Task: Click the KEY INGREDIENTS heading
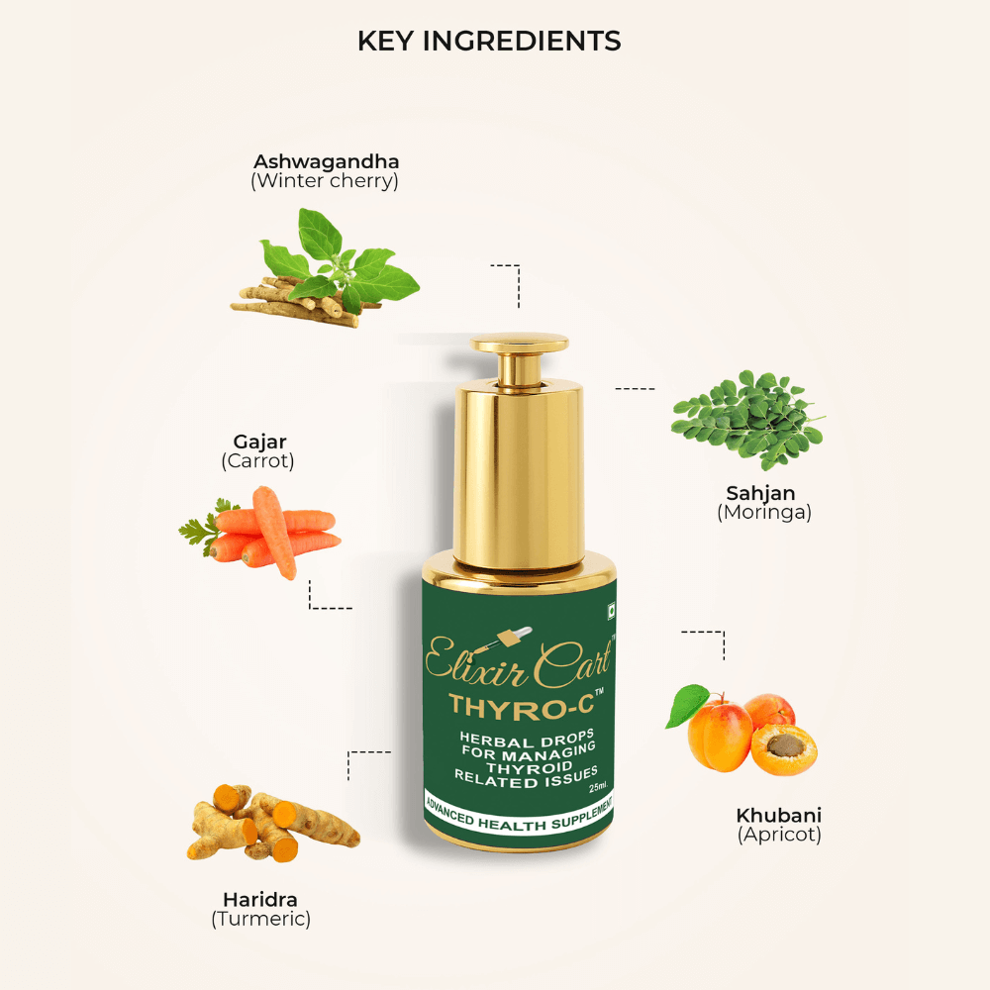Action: [x=489, y=41]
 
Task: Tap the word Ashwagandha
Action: [x=326, y=162]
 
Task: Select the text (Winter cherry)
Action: [x=325, y=181]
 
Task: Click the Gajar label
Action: [x=259, y=442]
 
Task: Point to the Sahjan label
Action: [x=760, y=493]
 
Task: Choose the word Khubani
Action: [x=778, y=815]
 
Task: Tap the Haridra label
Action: [x=260, y=899]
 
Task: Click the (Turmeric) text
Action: [x=260, y=919]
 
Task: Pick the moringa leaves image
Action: [x=748, y=420]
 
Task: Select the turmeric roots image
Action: [x=273, y=823]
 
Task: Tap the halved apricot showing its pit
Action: [x=783, y=748]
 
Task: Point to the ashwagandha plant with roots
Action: [x=325, y=268]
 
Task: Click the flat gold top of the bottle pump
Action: [x=519, y=344]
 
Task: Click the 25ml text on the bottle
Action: [x=597, y=787]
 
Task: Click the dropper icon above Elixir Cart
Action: [x=505, y=641]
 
